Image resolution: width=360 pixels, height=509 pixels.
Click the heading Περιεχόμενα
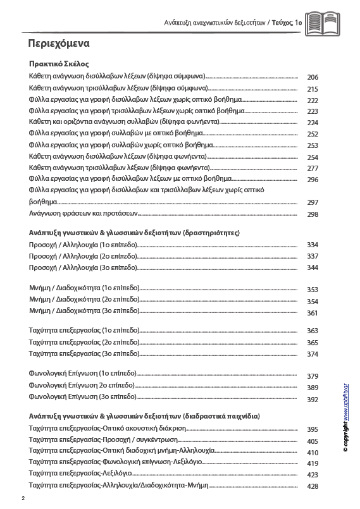click(59, 44)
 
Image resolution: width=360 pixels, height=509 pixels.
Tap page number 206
click(312, 78)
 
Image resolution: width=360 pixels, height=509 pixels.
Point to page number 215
click(312, 89)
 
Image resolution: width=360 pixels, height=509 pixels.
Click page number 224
click(312, 123)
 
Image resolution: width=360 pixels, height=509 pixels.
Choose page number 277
click(312, 168)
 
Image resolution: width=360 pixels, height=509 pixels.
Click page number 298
click(312, 215)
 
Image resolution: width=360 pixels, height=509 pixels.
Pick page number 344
click(312, 268)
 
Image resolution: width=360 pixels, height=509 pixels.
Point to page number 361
click(312, 313)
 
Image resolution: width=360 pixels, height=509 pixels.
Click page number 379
click(312, 376)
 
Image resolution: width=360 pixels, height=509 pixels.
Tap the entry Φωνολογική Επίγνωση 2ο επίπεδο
click(82, 385)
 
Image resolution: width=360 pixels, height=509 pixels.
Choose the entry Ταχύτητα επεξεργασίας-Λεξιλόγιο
click(80, 472)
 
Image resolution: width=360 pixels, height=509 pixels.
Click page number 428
click(312, 486)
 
